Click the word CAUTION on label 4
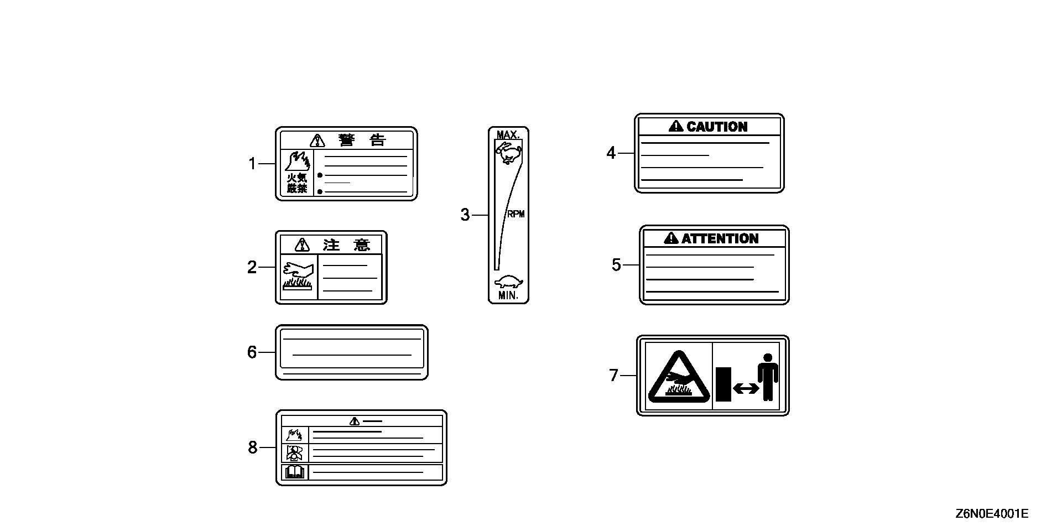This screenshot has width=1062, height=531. [x=717, y=127]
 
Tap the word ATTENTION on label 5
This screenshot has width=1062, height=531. [x=720, y=238]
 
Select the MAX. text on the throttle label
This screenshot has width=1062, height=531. [x=508, y=135]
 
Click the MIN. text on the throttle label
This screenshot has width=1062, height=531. [x=508, y=295]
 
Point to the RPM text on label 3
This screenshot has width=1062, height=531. [x=516, y=214]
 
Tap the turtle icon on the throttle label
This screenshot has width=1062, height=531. [x=509, y=282]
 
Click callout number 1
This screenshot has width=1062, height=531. [x=252, y=164]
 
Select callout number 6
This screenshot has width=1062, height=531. [x=252, y=352]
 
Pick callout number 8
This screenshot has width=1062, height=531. [x=253, y=447]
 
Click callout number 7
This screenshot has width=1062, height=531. [x=613, y=376]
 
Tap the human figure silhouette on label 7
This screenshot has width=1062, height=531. [x=768, y=376]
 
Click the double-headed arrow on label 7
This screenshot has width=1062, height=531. [x=746, y=389]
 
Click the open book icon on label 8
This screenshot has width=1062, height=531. [x=294, y=472]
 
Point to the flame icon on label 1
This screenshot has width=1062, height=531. [x=297, y=160]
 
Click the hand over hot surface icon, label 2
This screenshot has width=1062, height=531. [x=298, y=275]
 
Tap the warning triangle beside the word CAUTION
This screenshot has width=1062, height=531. [x=676, y=127]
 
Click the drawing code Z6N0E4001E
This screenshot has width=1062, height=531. [x=992, y=514]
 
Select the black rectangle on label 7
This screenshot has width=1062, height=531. [x=723, y=384]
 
